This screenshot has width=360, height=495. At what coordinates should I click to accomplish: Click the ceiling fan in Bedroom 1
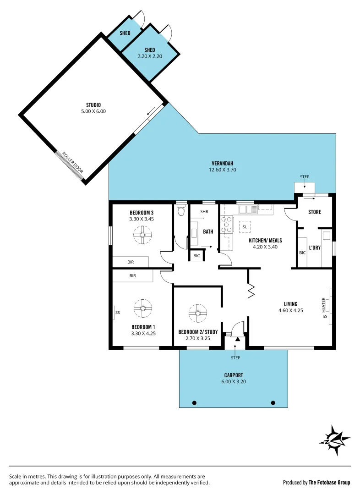pyautogui.click(x=143, y=308)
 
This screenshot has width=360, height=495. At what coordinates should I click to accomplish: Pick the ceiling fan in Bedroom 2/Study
pyautogui.click(x=198, y=313)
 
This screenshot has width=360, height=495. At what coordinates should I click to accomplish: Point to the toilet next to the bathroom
pyautogui.click(x=181, y=210)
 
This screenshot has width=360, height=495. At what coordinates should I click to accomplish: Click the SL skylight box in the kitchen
pyautogui.click(x=245, y=227)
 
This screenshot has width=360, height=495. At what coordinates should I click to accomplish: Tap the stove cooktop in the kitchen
pyautogui.click(x=227, y=225)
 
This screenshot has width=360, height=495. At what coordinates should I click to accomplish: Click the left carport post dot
pyautogui.click(x=194, y=403)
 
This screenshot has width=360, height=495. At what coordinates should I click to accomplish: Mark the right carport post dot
pyautogui.click(x=273, y=403)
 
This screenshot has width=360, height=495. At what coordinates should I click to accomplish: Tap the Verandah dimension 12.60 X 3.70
pyautogui.click(x=223, y=170)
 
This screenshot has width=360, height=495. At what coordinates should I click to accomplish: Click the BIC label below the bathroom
pyautogui.click(x=196, y=256)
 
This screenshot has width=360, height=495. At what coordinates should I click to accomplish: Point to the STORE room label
pyautogui.click(x=315, y=212)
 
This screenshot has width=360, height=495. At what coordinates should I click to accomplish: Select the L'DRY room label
pyautogui.click(x=315, y=247)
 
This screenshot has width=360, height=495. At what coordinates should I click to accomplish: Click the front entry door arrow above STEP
pyautogui.click(x=238, y=339)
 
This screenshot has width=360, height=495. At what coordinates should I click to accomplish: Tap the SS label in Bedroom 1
pyautogui.click(x=118, y=313)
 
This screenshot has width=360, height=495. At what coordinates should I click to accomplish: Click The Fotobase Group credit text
pyautogui.click(x=329, y=482)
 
